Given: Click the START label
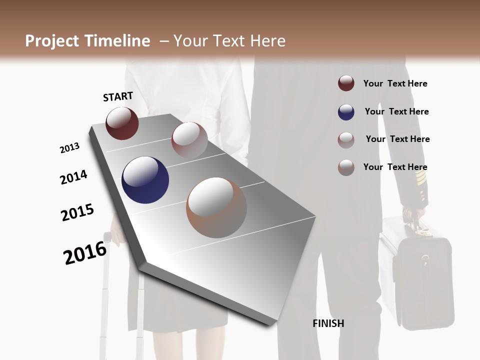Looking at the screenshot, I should pyautogui.click(x=118, y=96).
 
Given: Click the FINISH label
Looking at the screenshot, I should pyautogui.click(x=328, y=323).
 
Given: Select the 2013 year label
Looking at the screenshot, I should pyautogui.click(x=69, y=148).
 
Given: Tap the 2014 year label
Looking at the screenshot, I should pyautogui.click(x=73, y=177).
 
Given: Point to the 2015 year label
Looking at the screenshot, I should pyautogui.click(x=77, y=212).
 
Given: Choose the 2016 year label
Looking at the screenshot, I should pyautogui.click(x=85, y=252).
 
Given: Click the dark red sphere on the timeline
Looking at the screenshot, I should pyautogui.click(x=122, y=123).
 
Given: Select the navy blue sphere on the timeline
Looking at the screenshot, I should pyautogui.click(x=145, y=180).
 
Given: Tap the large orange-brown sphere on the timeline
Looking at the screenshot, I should pyautogui.click(x=216, y=207).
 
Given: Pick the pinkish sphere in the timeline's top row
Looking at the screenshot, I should pyautogui.click(x=189, y=139).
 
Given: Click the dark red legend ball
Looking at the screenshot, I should pyautogui.click(x=346, y=83).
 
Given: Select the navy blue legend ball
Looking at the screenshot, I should pyautogui.click(x=346, y=112).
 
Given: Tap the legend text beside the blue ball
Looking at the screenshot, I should pyautogui.click(x=396, y=111).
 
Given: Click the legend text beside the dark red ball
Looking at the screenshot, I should pyautogui.click(x=395, y=83).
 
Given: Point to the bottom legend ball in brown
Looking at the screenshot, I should pyautogui.click(x=346, y=167).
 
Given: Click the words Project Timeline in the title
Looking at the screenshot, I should pyautogui.click(x=87, y=41).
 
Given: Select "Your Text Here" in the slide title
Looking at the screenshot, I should pyautogui.click(x=229, y=41).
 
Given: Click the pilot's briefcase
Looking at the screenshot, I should pyautogui.click(x=417, y=275).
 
